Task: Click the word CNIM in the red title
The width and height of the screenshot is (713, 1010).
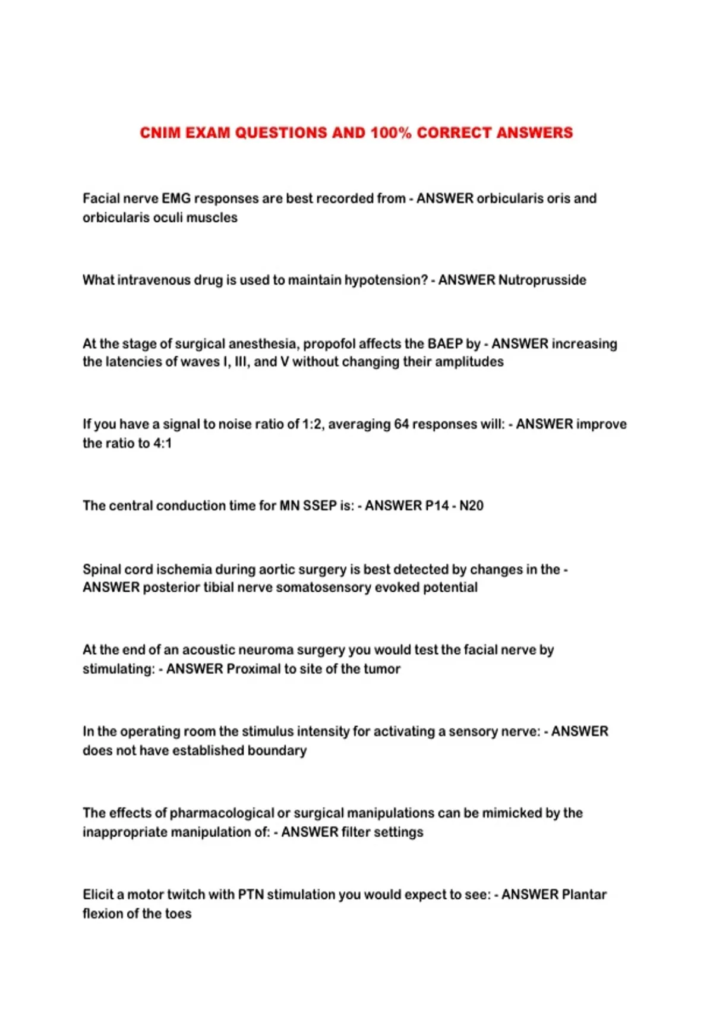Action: pos(160,132)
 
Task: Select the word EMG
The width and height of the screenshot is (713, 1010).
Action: pos(176,198)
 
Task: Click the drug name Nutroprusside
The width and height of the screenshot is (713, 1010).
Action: pos(542,280)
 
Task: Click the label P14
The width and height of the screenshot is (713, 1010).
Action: pos(437,506)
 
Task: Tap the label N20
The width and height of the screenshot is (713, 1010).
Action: pos(471,506)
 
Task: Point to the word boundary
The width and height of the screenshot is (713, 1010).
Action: pos(277,750)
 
